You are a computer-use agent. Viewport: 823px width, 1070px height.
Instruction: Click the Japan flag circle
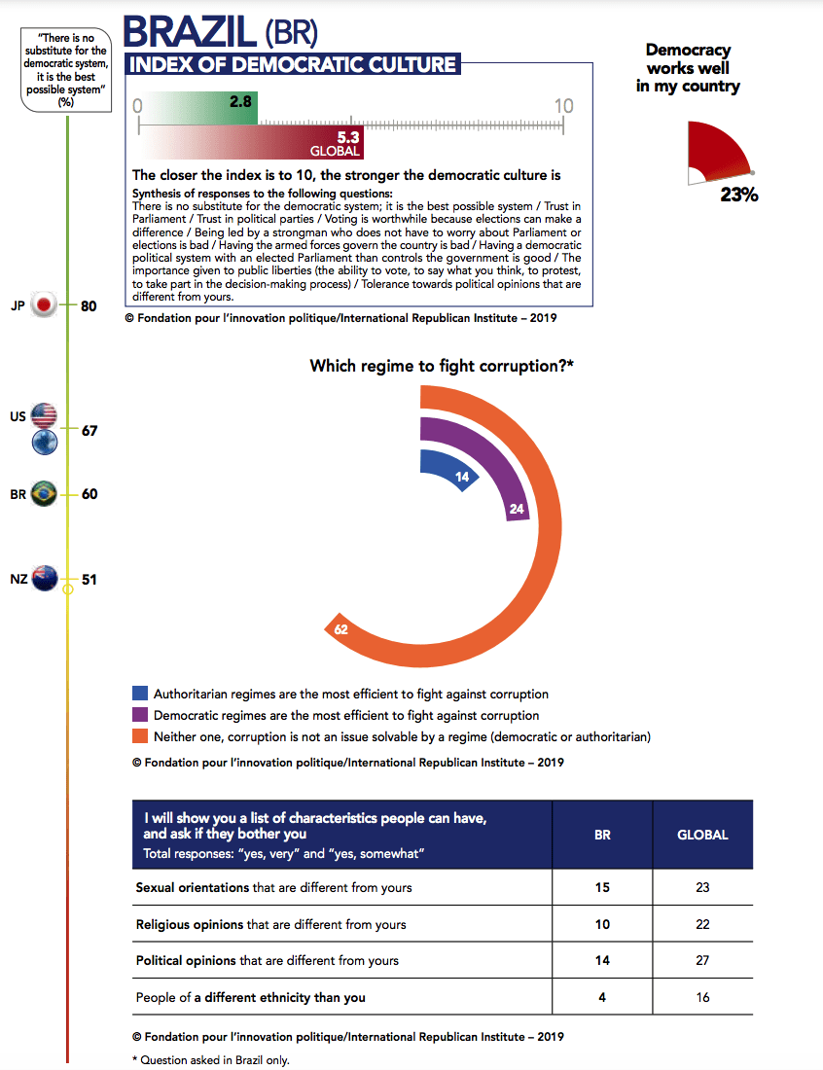44,305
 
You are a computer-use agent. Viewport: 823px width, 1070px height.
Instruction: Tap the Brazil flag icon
44,493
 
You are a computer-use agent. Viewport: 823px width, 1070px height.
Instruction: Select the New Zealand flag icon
44,579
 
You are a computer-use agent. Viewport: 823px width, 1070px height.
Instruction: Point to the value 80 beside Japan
89,306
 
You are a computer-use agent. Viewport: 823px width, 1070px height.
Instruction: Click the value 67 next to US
89,431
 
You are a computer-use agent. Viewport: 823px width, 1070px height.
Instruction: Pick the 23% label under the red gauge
738,195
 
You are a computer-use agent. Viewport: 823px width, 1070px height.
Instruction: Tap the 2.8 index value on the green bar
241,101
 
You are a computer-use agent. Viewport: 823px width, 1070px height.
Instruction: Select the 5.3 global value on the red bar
348,138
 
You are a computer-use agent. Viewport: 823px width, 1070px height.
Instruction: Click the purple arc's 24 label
517,508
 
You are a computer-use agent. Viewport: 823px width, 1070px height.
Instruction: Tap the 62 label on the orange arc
340,629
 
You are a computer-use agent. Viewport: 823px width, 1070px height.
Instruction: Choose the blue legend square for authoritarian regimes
140,695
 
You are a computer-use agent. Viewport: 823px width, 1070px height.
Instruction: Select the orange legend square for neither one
140,736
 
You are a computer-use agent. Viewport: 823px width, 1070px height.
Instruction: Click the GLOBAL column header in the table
702,835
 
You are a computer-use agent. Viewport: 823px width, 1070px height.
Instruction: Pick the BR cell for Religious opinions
602,924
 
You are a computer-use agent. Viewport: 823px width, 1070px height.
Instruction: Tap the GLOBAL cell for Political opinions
702,960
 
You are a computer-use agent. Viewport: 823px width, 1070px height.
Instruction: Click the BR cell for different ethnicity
602,997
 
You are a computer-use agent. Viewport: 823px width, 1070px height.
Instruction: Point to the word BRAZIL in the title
191,32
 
